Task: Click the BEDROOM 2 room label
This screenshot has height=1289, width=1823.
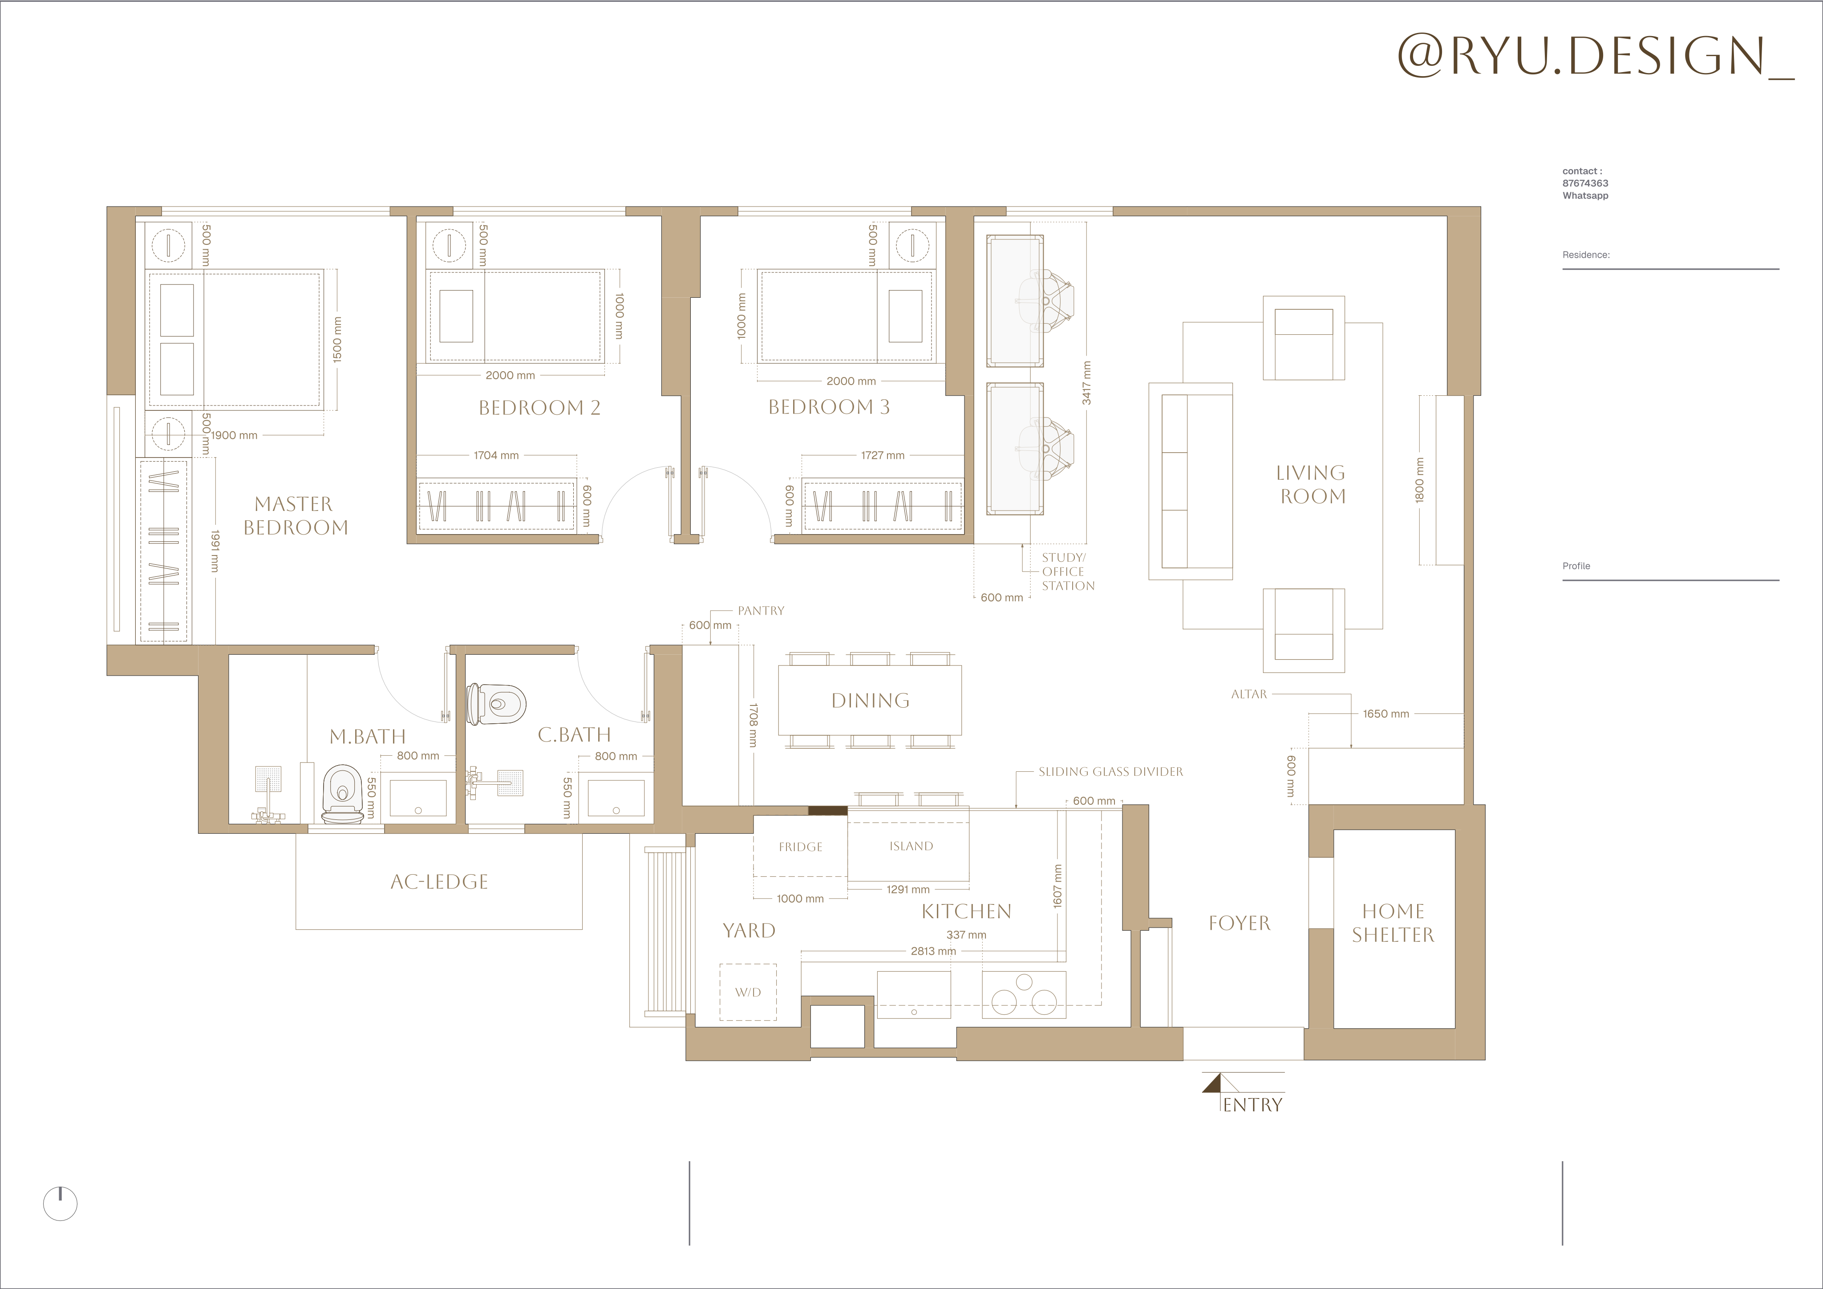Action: (539, 407)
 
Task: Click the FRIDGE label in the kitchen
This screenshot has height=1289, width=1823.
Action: (800, 847)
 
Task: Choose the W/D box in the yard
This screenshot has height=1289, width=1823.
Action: (748, 992)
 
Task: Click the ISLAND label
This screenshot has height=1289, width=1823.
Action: (911, 846)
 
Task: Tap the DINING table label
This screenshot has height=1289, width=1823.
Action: (870, 701)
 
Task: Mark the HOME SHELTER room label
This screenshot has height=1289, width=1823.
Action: (1394, 923)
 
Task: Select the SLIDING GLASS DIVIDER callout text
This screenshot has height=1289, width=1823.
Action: (1111, 771)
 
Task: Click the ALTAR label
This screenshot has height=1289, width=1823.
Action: (1249, 694)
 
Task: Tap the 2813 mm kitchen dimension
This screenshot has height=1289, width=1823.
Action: (934, 951)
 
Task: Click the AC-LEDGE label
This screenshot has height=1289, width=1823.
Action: (439, 882)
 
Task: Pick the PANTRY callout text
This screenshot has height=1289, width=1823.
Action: (761, 611)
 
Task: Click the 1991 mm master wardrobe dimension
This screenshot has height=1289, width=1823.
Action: (215, 551)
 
